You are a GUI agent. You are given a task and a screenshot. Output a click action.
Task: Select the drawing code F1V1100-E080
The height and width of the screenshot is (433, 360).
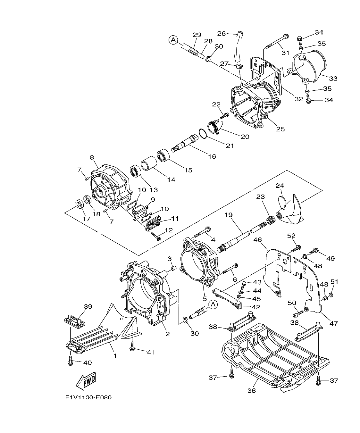tap(88, 397)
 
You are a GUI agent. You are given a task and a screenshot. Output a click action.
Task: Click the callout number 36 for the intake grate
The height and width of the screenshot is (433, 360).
tap(252, 390)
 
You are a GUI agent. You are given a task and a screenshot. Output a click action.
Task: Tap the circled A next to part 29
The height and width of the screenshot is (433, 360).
tap(173, 40)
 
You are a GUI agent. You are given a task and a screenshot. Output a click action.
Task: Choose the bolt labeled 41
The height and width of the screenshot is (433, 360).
tap(132, 347)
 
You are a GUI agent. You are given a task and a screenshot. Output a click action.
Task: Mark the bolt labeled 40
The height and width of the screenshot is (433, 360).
tap(70, 361)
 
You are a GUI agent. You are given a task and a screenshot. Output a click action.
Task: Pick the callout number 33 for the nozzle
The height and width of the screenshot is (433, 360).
tap(333, 78)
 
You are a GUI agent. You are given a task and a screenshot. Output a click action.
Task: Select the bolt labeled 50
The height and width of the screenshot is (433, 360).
tap(299, 312)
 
